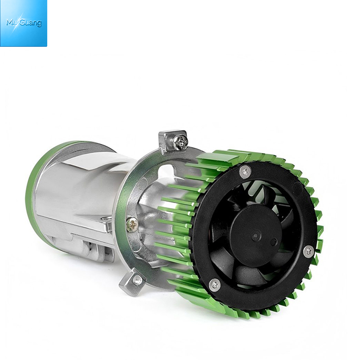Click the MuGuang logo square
click(x=23, y=23)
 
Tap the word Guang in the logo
click(x=31, y=23)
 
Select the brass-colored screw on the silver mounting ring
click(x=132, y=224)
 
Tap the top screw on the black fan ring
click(x=245, y=171)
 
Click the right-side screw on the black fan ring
click(x=309, y=252)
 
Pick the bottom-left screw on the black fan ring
click(x=215, y=285)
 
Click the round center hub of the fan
click(x=256, y=235)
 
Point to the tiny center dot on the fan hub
click(x=256, y=235)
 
